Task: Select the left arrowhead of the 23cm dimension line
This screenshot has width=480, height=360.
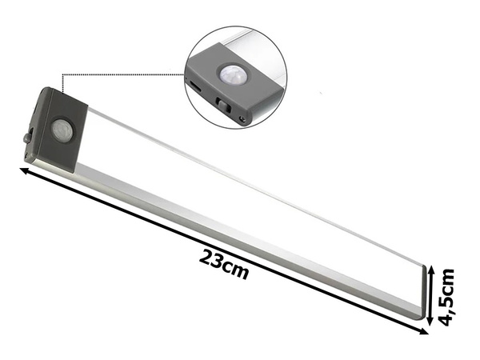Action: [21, 168]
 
